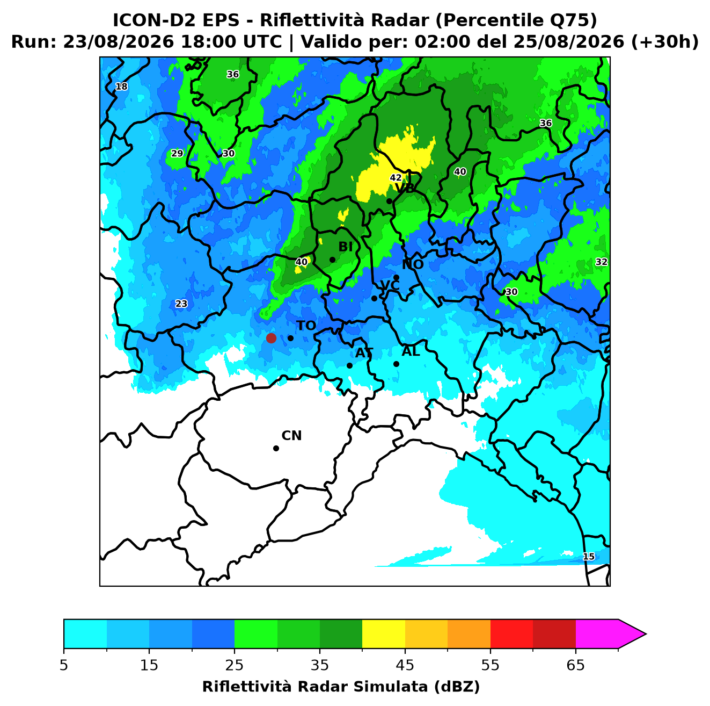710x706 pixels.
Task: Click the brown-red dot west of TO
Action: point(271,338)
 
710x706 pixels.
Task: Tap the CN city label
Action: point(291,436)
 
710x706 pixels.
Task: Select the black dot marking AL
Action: point(396,364)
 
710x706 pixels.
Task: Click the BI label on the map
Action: point(346,247)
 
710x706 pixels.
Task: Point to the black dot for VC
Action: point(374,298)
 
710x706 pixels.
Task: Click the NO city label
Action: point(412,264)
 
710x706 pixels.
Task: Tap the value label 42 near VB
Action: point(396,177)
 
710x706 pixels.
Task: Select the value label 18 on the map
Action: point(122,87)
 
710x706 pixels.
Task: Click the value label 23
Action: point(181,304)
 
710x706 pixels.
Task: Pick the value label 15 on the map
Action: point(588,556)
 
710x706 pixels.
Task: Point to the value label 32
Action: point(601,262)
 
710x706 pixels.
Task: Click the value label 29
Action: point(177,153)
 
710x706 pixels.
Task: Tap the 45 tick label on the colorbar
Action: point(405,665)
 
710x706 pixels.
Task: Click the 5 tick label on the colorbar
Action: point(64,665)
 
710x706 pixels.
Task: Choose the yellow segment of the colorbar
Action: point(384,634)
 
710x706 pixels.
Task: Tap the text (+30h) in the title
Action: point(665,42)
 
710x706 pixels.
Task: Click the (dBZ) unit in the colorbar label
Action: point(457,687)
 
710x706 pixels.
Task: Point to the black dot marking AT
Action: point(349,365)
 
